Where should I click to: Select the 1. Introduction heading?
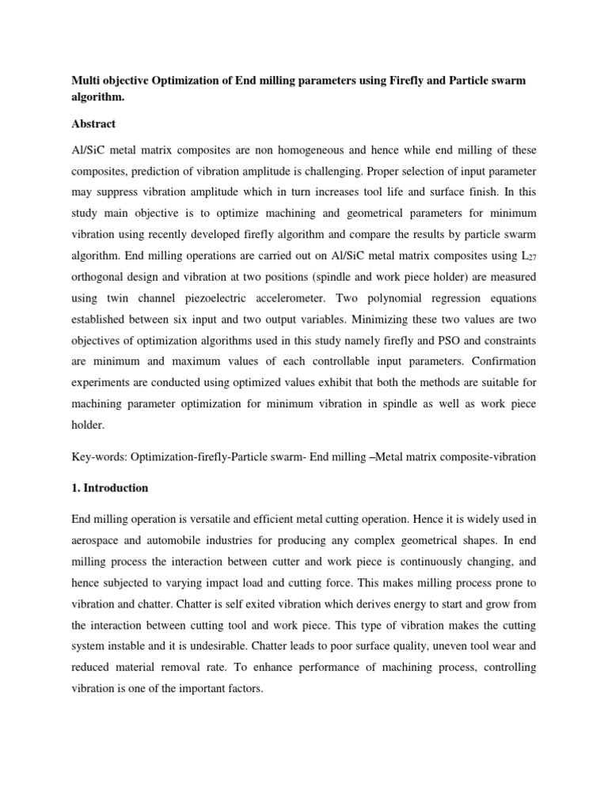(110, 488)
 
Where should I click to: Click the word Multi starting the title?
(90, 82)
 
